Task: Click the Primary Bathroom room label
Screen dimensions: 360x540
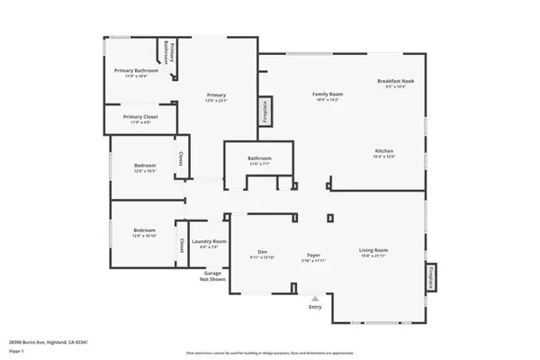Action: (136, 70)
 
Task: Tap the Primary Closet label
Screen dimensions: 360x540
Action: (140, 117)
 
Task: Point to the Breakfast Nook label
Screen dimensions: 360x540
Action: (394, 82)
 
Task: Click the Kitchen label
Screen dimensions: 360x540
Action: (385, 150)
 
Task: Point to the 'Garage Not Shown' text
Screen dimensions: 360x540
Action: (213, 276)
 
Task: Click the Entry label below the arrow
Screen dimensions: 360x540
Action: (315, 308)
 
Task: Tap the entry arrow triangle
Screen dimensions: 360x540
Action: (315, 298)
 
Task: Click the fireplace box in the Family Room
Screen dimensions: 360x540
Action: (265, 111)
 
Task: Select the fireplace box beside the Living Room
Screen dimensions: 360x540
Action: (430, 280)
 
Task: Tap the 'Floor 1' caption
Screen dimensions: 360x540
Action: (15, 350)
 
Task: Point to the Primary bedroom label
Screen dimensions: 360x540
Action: (216, 94)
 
